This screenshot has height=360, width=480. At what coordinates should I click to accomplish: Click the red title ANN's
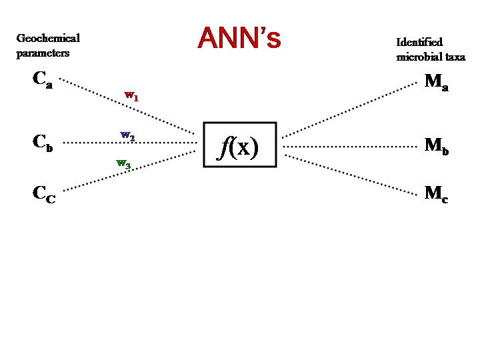coord(239,38)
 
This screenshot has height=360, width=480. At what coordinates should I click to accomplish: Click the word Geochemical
coord(48,38)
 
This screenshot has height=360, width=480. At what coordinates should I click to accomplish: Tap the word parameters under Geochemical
coord(43,54)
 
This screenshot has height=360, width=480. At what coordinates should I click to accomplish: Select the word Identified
coord(419,42)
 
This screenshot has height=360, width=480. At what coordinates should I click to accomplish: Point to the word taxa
coord(453,57)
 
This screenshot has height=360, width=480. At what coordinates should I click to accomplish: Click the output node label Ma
coord(436,82)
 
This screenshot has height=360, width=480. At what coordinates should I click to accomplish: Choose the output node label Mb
coord(436,146)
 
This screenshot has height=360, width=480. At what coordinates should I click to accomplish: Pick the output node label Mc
coord(436,194)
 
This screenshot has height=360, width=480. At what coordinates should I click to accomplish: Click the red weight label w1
coord(131,96)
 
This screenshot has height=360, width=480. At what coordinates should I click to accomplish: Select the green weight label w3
coord(123,163)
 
